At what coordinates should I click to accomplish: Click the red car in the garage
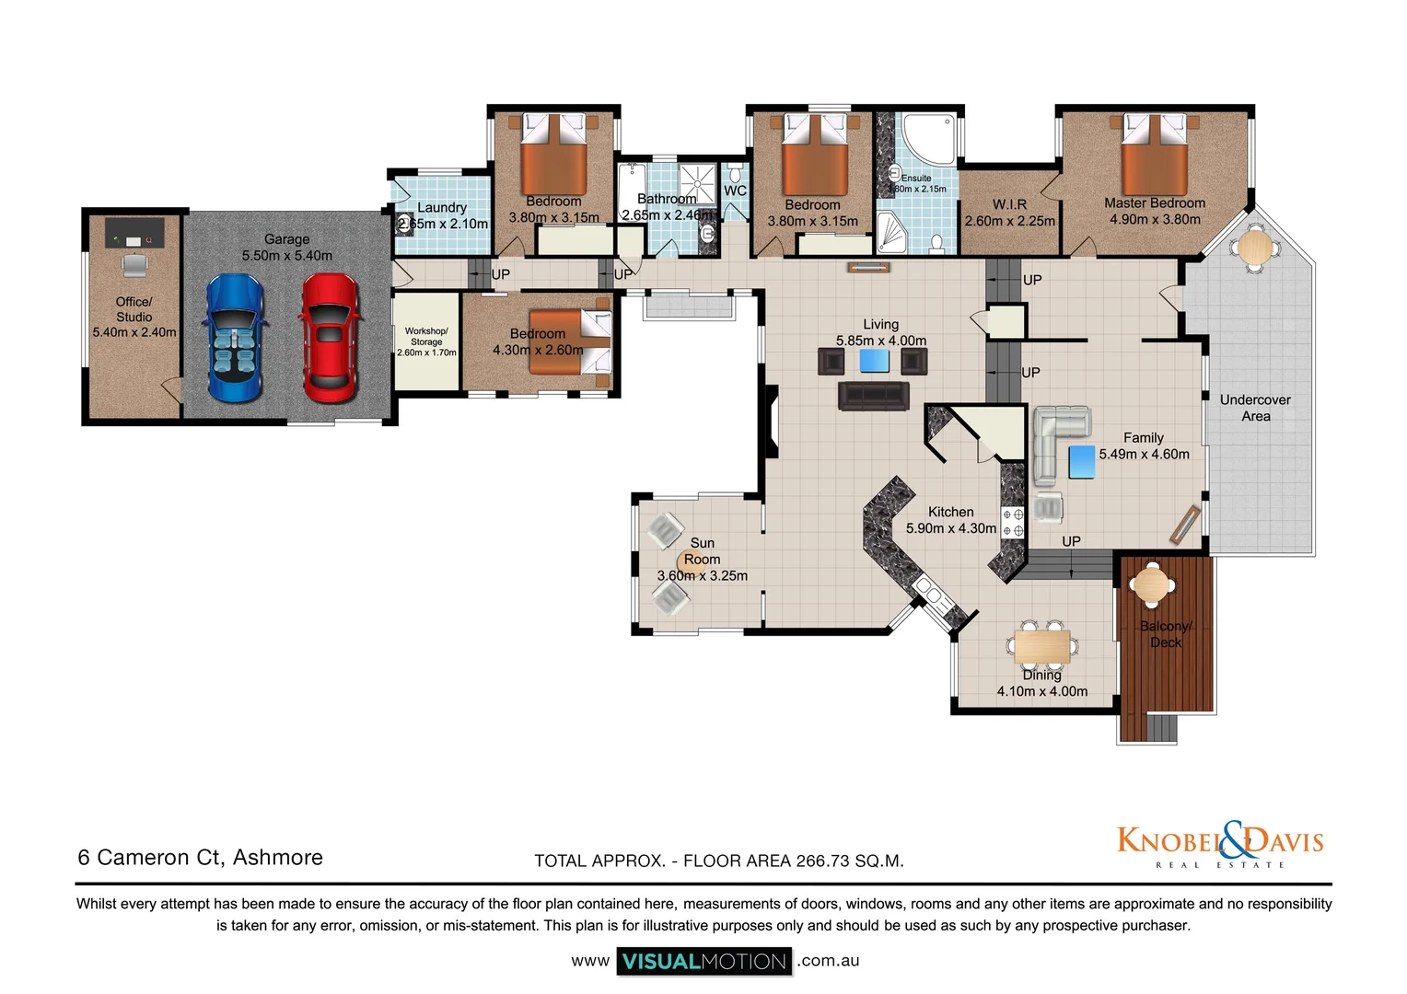click(x=328, y=338)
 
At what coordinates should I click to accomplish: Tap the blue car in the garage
click(x=235, y=338)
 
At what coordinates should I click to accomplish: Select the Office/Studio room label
click(x=134, y=309)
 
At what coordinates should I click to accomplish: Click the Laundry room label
click(x=442, y=208)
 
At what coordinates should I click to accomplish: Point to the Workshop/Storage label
click(x=426, y=336)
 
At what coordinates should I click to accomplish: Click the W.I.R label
click(x=1009, y=204)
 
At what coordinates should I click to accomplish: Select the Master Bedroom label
click(x=1155, y=203)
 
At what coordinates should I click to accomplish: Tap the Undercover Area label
click(x=1255, y=408)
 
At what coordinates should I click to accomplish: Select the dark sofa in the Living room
click(x=873, y=397)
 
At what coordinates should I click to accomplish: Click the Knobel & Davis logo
click(x=1219, y=842)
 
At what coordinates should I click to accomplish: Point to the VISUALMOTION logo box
click(x=704, y=961)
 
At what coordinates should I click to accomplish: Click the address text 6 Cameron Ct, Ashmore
click(x=201, y=858)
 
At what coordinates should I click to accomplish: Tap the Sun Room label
click(x=702, y=551)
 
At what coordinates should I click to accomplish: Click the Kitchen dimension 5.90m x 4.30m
click(x=951, y=528)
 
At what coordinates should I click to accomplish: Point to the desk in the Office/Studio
click(x=134, y=232)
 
